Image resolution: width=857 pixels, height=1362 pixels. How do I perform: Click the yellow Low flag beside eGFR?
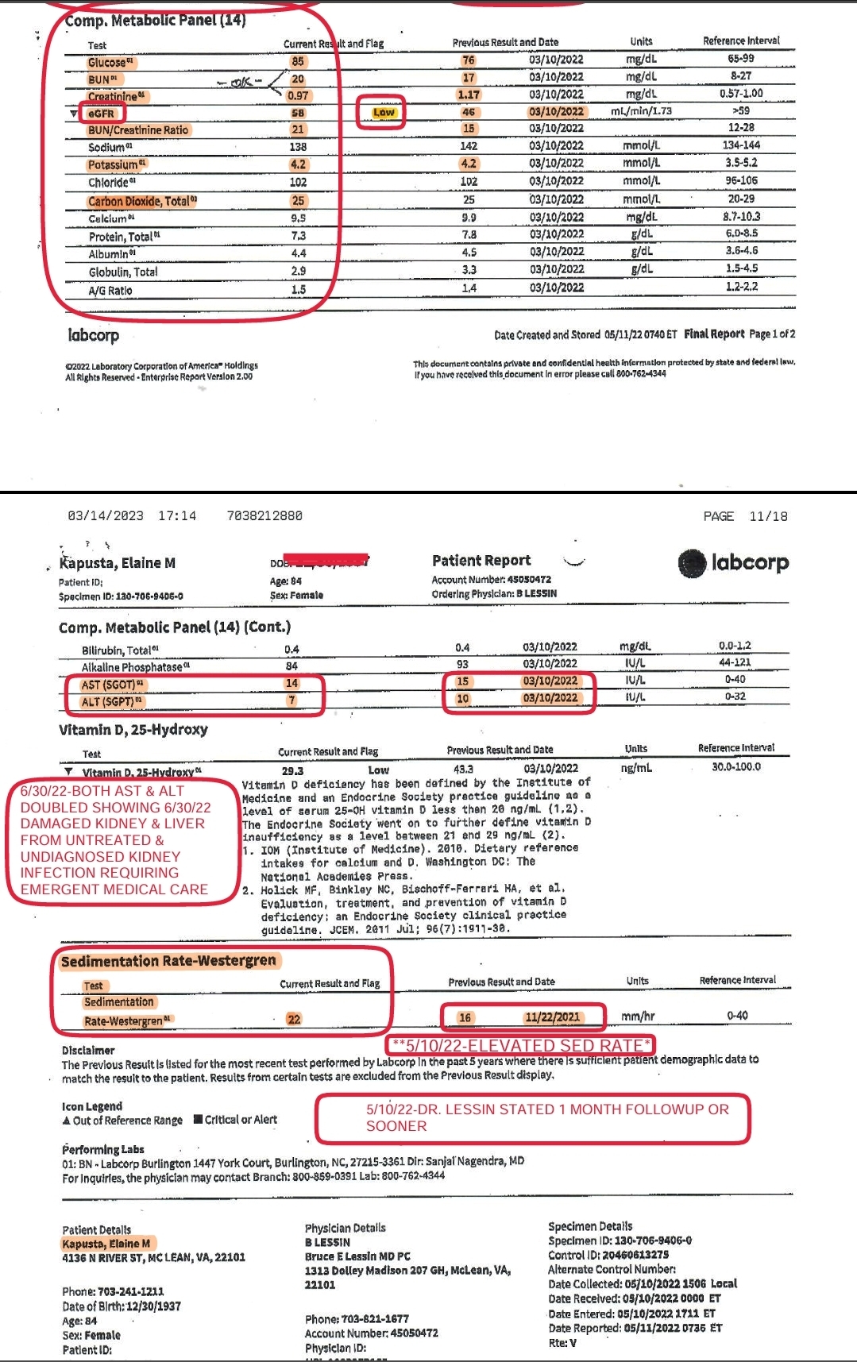pyautogui.click(x=383, y=113)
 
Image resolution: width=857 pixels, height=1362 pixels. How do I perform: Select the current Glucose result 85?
pyautogui.click(x=298, y=62)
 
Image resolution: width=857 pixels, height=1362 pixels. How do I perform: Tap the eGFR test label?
pyautogui.click(x=101, y=114)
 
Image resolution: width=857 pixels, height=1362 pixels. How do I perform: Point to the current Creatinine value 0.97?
pyautogui.click(x=298, y=96)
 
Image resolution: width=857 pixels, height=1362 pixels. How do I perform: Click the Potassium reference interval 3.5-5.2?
pyautogui.click(x=741, y=163)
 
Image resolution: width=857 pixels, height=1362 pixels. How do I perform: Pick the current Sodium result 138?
pyautogui.click(x=298, y=147)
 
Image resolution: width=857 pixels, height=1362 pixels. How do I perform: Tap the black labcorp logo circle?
pyautogui.click(x=693, y=563)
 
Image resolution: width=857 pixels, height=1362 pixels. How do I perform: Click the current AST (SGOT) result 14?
pyautogui.click(x=291, y=683)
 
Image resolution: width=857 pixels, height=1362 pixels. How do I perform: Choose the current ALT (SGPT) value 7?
pyautogui.click(x=291, y=700)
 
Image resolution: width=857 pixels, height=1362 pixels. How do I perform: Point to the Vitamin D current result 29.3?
pyautogui.click(x=292, y=770)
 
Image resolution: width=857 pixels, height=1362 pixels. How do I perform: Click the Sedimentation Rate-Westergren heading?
pyautogui.click(x=168, y=961)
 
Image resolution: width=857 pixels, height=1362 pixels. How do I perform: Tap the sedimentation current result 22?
pyautogui.click(x=294, y=1019)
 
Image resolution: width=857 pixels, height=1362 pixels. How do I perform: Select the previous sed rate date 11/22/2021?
pyautogui.click(x=552, y=1017)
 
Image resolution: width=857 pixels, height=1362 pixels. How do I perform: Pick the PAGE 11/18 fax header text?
pyautogui.click(x=745, y=516)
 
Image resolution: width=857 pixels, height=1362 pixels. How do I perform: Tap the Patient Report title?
pyautogui.click(x=481, y=561)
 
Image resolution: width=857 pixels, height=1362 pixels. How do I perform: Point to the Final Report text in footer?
pyautogui.click(x=714, y=334)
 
